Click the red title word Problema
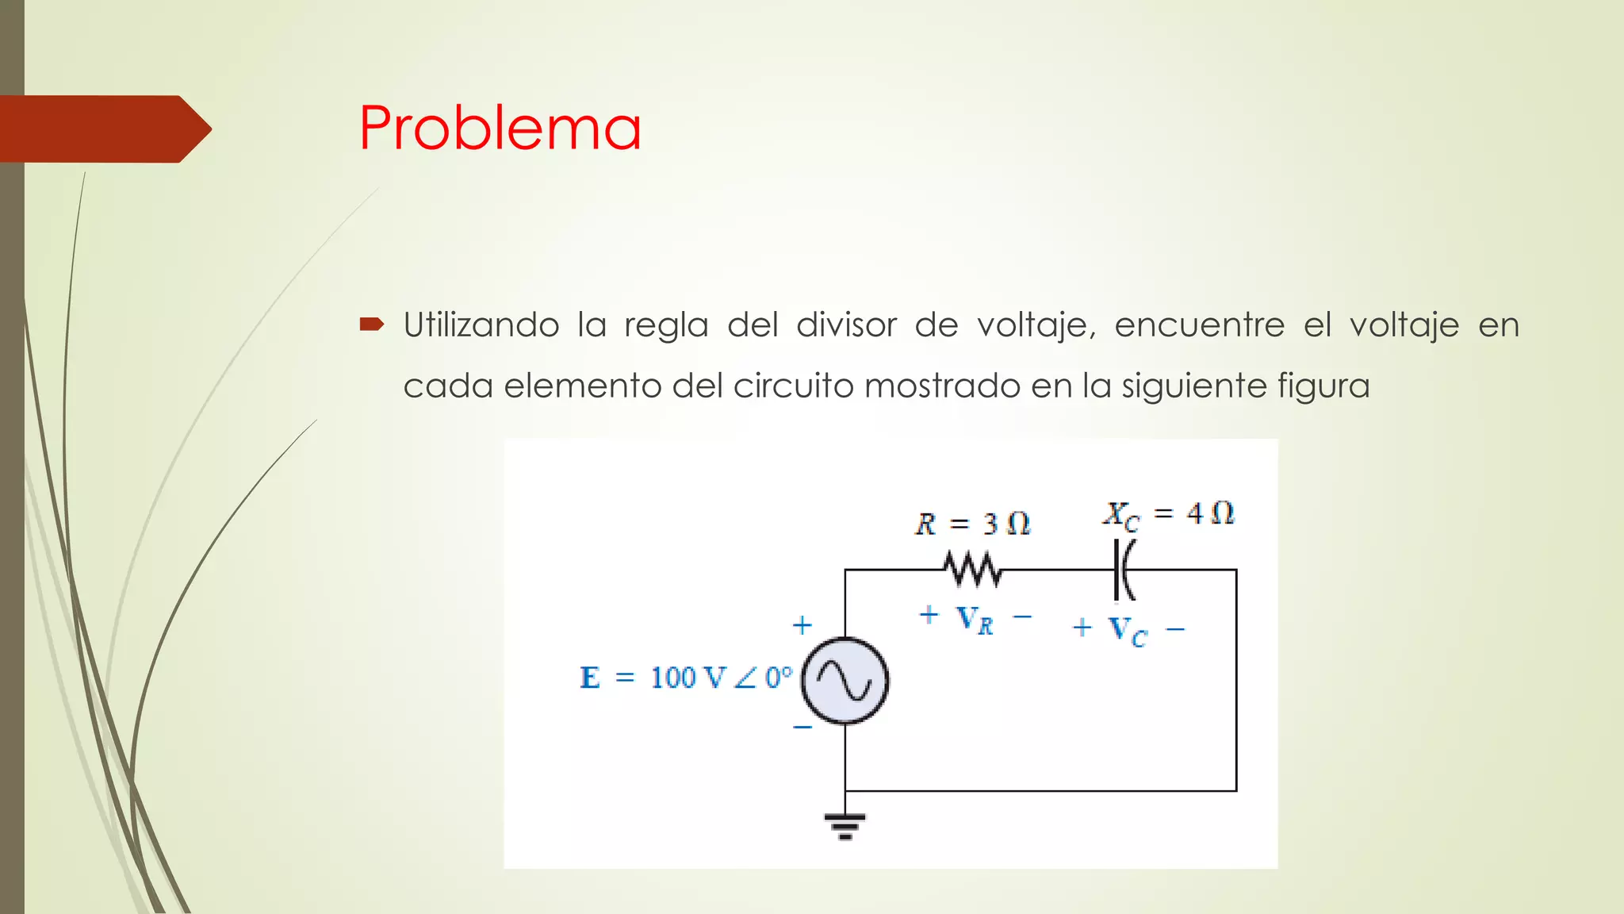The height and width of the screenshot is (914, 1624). [500, 129]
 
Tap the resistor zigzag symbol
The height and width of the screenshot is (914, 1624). [972, 570]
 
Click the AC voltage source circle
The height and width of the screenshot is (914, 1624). [845, 681]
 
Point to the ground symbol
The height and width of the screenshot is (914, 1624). [845, 825]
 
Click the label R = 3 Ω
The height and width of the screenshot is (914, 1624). [973, 524]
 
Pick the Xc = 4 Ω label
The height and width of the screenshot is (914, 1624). [1169, 514]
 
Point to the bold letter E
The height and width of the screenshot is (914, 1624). [590, 678]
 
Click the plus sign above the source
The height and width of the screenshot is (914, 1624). [802, 625]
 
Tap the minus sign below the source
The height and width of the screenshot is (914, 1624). [802, 727]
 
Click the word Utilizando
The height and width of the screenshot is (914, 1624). [481, 325]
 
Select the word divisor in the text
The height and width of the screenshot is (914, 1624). [846, 325]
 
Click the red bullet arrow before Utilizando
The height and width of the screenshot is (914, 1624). [371, 324]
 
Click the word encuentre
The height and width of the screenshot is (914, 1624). [1199, 325]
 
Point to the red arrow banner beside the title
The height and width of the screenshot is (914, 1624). [103, 129]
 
